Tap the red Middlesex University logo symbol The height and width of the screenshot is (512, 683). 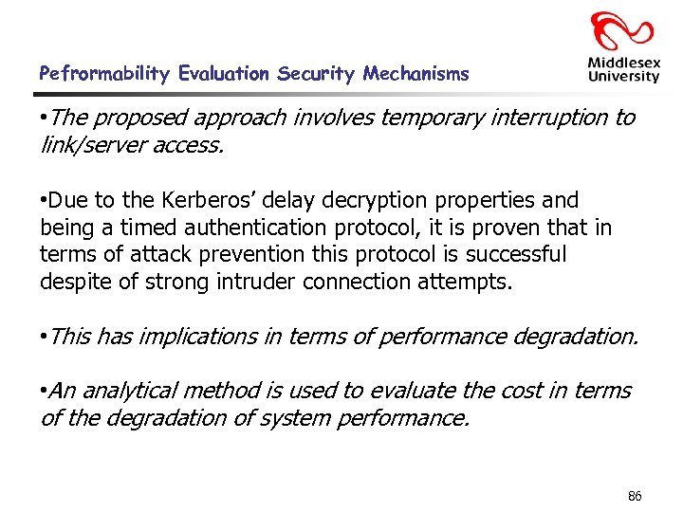pyautogui.click(x=622, y=29)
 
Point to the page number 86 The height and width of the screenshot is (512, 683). pyautogui.click(x=635, y=496)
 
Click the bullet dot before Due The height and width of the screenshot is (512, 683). pyautogui.click(x=44, y=201)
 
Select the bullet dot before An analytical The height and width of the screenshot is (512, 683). pyautogui.click(x=44, y=391)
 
